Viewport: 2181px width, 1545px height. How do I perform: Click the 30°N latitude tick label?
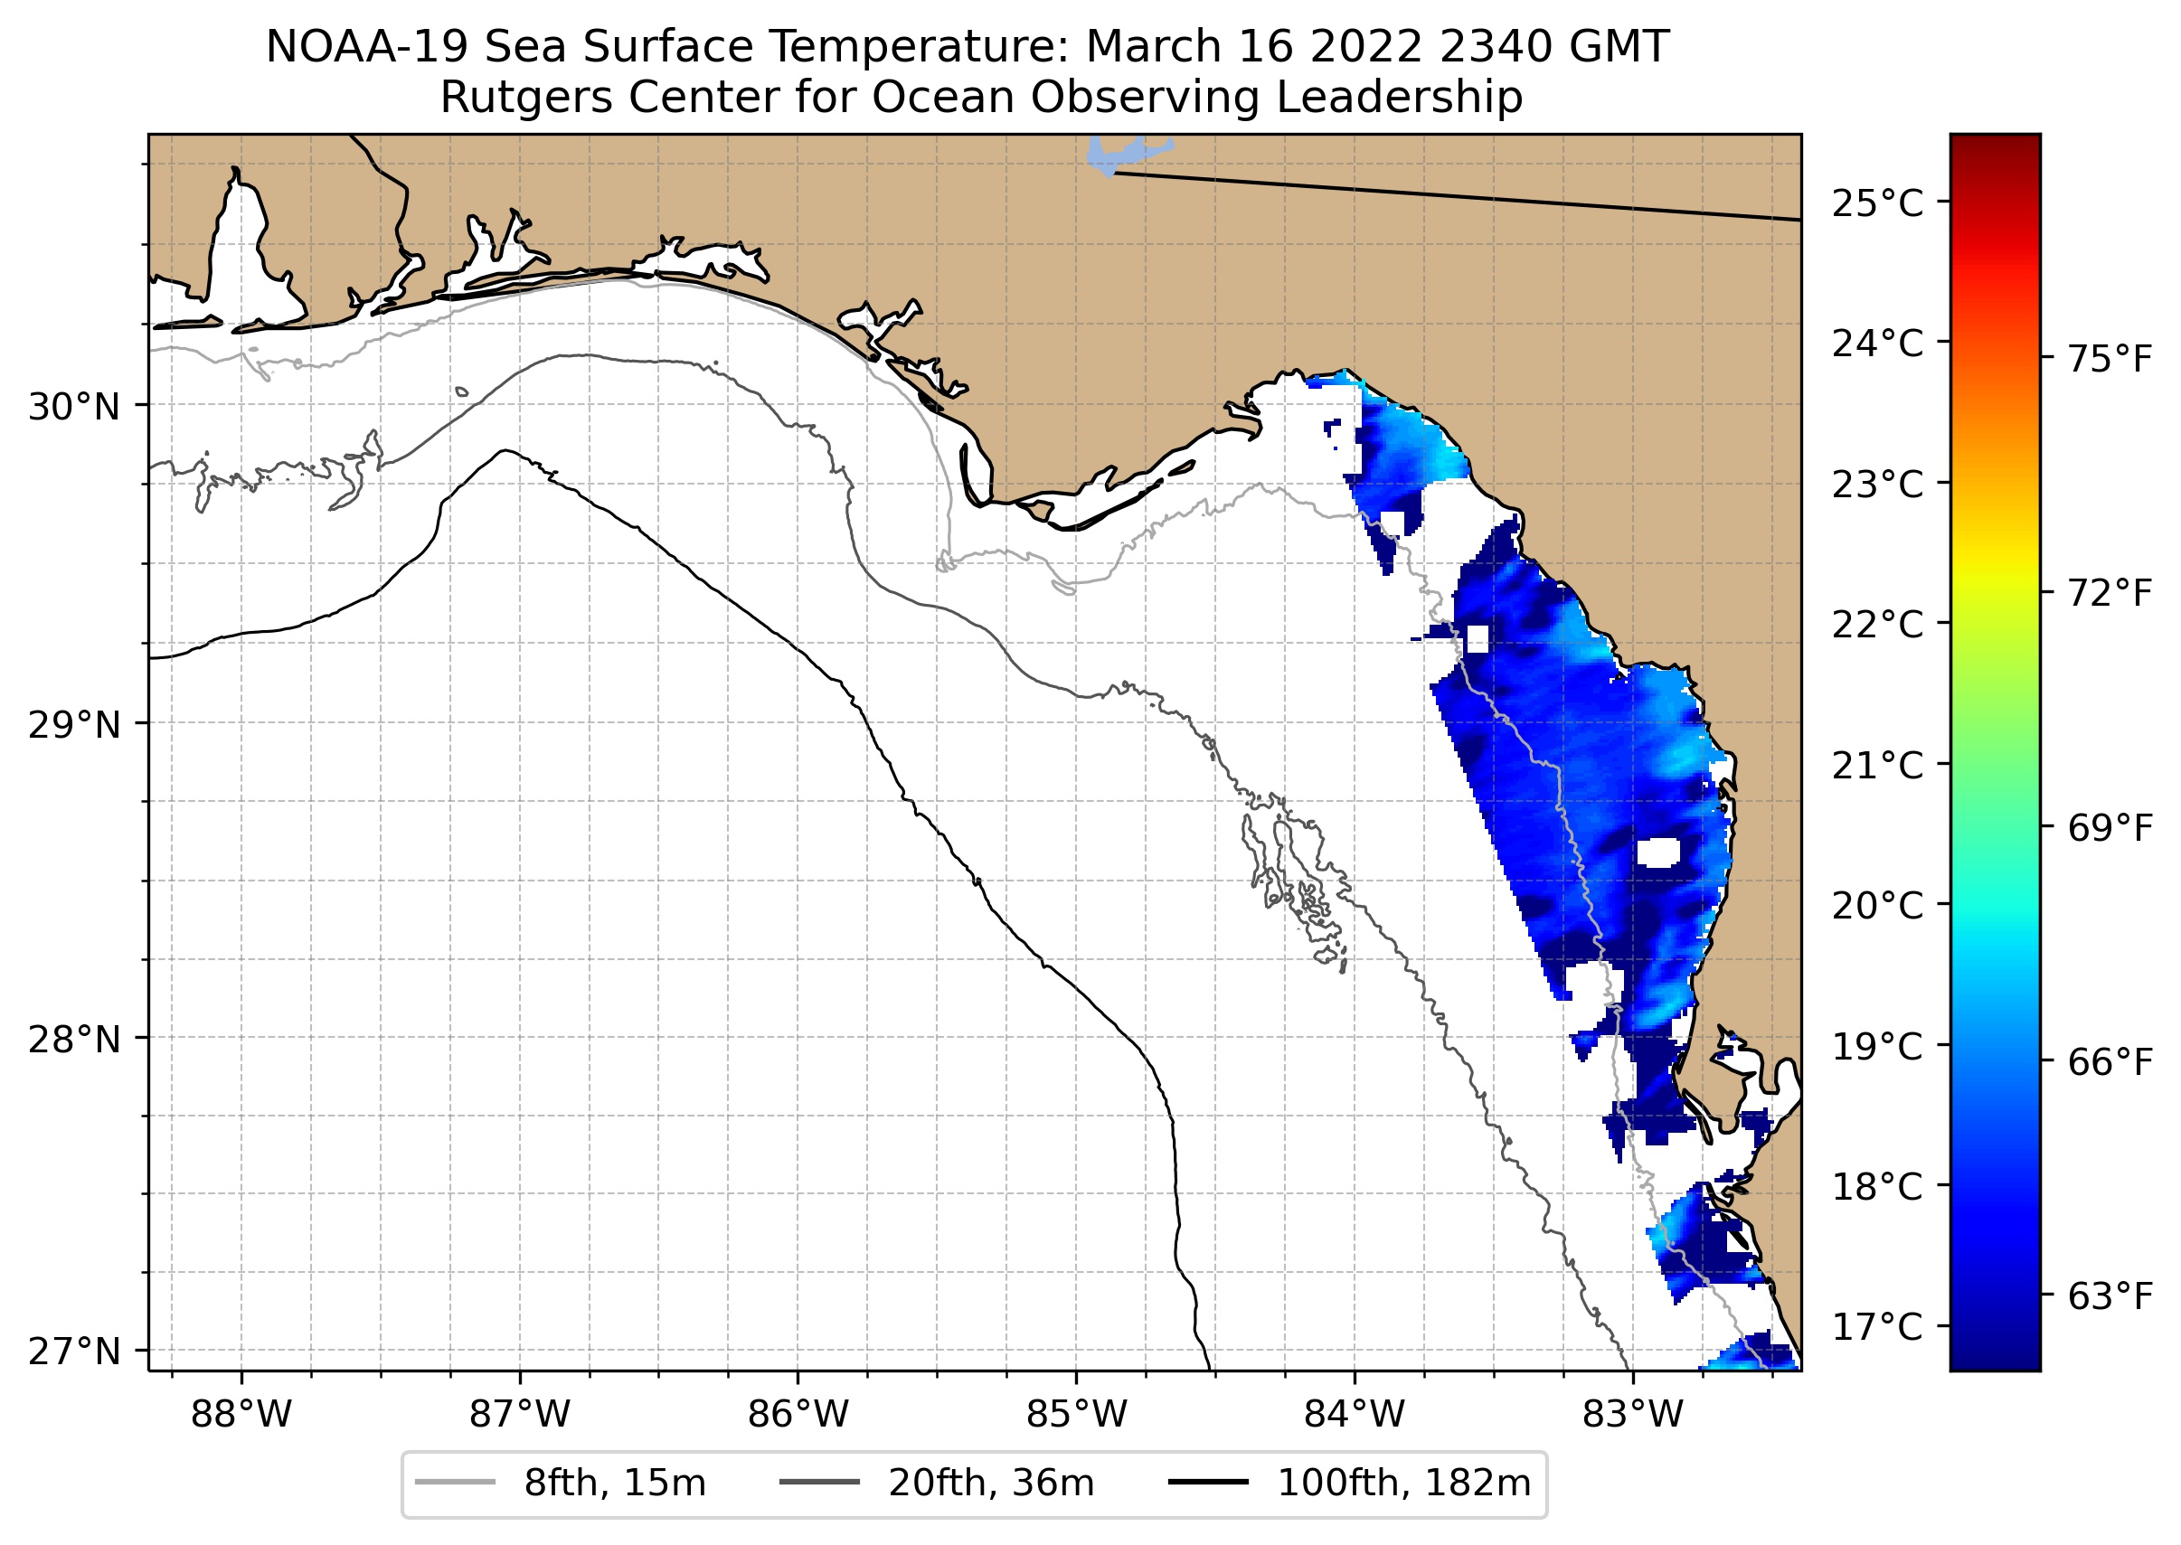pyautogui.click(x=74, y=407)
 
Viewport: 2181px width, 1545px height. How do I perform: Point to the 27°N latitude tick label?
pyautogui.click(x=74, y=1351)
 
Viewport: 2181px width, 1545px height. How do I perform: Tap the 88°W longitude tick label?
pyautogui.click(x=241, y=1415)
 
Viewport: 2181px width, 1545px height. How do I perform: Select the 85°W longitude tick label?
pyautogui.click(x=1076, y=1415)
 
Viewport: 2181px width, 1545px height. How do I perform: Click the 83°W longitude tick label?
pyautogui.click(x=1633, y=1415)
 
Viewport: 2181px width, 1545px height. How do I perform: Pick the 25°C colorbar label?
pyautogui.click(x=1876, y=203)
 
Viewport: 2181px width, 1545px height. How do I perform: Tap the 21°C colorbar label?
pyautogui.click(x=1876, y=765)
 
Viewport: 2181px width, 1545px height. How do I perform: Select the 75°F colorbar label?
pyautogui.click(x=2110, y=361)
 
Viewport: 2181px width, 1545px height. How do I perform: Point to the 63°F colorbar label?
pyautogui.click(x=2110, y=1295)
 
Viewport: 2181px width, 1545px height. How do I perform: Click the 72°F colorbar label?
pyautogui.click(x=2110, y=594)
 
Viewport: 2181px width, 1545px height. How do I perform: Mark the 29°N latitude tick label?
pyautogui.click(x=74, y=725)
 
